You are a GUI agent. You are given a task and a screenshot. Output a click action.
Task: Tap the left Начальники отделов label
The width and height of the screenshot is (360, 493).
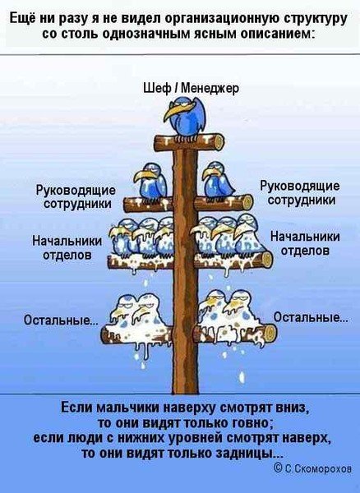(67, 248)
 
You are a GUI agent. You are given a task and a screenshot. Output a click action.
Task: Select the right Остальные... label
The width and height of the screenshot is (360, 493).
(310, 316)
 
